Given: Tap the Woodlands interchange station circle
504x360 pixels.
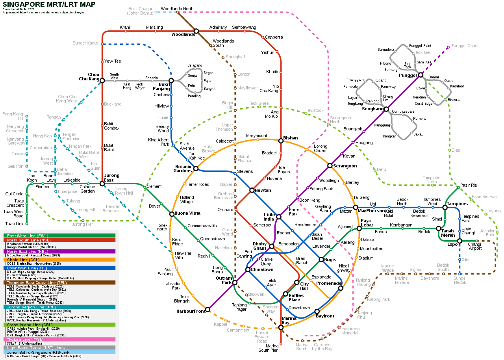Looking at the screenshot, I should [196, 31].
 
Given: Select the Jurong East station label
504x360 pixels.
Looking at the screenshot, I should [112, 178].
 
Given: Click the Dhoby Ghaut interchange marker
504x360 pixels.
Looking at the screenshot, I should [271, 246].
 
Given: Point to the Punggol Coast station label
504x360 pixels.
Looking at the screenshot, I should [465, 46].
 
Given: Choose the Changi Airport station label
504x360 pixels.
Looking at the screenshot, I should [474, 246].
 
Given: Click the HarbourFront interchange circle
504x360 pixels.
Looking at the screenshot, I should [208, 310].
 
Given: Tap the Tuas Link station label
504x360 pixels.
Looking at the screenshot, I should [15, 224].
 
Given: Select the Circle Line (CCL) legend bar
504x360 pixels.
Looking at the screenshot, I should [59, 260].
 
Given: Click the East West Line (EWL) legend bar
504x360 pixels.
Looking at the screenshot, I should [59, 236].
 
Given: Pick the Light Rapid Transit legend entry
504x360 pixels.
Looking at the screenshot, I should [59, 348].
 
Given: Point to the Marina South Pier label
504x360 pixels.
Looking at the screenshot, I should [268, 348].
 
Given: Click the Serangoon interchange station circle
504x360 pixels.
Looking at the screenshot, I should [330, 165].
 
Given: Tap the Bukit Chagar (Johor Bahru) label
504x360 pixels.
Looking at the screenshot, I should [140, 11].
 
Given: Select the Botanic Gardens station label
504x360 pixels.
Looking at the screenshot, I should [183, 169].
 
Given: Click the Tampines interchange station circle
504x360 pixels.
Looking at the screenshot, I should [445, 207].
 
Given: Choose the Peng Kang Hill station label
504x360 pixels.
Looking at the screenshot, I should [13, 116].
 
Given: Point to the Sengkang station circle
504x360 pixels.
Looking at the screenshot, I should [386, 109].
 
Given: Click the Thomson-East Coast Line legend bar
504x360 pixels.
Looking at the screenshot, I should [59, 282].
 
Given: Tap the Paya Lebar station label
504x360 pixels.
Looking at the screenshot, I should [367, 223].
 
